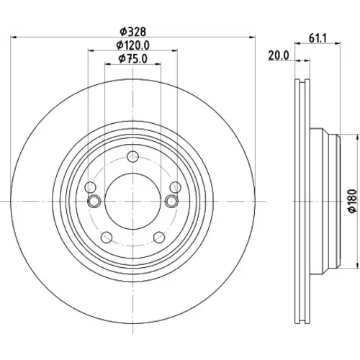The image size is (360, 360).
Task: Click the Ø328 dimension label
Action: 133,32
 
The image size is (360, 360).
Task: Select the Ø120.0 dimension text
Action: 133,45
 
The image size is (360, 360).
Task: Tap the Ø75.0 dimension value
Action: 133,59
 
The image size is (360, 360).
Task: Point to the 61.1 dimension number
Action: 318,38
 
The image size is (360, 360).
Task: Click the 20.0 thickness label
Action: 279,55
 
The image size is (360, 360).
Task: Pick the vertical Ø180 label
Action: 352,201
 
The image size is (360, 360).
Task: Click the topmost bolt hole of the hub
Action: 133,157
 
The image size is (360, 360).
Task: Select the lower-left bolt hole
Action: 107,238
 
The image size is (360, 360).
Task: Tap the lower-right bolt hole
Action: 159,238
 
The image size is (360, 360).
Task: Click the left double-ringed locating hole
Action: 94,201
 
